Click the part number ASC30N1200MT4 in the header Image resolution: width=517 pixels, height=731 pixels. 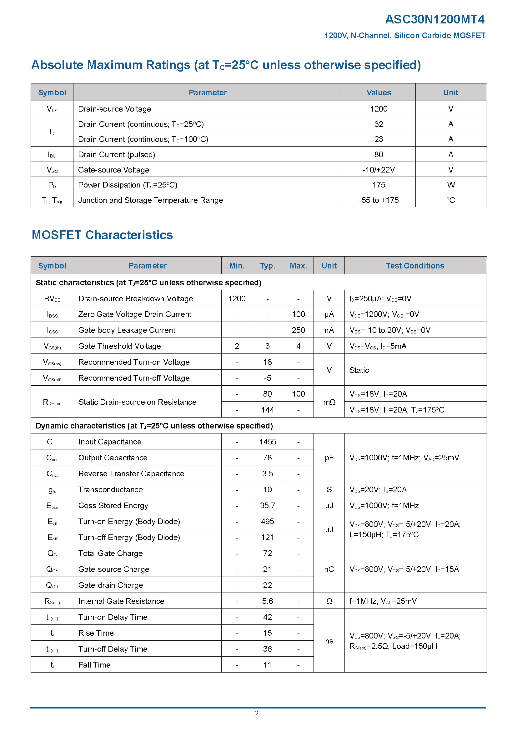coord(434,19)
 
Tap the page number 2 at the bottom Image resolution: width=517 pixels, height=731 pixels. coord(256,713)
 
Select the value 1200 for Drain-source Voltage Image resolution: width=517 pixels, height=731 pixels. coord(379,109)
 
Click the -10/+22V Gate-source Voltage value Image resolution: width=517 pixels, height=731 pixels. coord(379,170)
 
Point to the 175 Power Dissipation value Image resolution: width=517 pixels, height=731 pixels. coord(379,185)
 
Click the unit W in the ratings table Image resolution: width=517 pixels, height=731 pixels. coord(450,185)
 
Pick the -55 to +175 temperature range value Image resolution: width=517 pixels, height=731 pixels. coord(379,200)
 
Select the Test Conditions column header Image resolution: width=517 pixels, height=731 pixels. coord(415,266)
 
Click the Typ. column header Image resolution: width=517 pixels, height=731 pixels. coord(268,266)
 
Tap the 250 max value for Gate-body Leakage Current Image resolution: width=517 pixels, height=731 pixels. coord(298,330)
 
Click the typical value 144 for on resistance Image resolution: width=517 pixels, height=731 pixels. coord(268,410)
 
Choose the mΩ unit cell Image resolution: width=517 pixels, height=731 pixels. coord(329,402)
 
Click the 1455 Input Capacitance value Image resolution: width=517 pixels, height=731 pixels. coord(268,442)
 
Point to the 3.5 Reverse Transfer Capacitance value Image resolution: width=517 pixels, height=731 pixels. coord(268,473)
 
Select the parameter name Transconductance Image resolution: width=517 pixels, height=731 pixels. coord(110,489)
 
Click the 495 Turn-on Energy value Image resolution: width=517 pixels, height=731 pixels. coord(268,521)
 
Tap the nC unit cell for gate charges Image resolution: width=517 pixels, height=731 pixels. coord(329,569)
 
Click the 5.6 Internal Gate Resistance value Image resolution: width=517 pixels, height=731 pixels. coord(268,601)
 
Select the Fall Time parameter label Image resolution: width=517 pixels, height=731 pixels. coord(94,665)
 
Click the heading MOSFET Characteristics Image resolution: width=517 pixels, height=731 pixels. coord(102,235)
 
